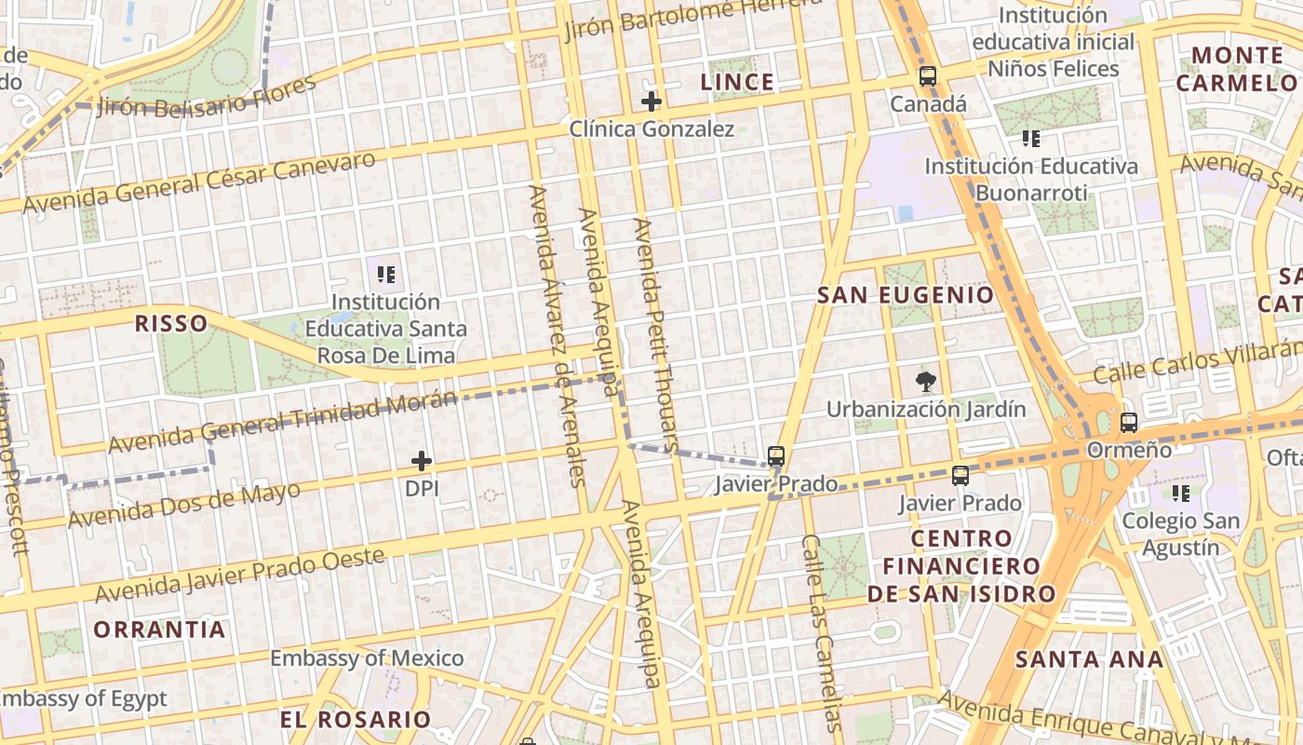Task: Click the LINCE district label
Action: pyautogui.click(x=737, y=82)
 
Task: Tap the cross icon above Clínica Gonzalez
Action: pyautogui.click(x=651, y=102)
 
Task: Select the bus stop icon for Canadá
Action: pyautogui.click(x=927, y=76)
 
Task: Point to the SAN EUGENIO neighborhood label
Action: pyautogui.click(x=905, y=295)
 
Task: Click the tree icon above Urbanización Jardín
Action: pyautogui.click(x=925, y=380)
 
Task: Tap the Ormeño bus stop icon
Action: pyautogui.click(x=1129, y=423)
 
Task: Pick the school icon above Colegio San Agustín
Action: pyautogui.click(x=1181, y=493)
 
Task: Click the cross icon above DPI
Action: pyautogui.click(x=422, y=461)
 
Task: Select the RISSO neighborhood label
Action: pyautogui.click(x=171, y=323)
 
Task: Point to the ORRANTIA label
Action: pyautogui.click(x=159, y=630)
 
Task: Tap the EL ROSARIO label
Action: pyautogui.click(x=356, y=720)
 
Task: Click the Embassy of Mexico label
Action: pyautogui.click(x=367, y=658)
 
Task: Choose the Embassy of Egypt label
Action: pyautogui.click(x=84, y=698)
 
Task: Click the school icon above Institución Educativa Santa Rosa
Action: pyautogui.click(x=386, y=275)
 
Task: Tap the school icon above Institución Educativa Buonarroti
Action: pyautogui.click(x=1030, y=140)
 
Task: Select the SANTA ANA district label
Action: pyautogui.click(x=1089, y=660)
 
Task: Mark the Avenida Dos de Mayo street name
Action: pyautogui.click(x=184, y=505)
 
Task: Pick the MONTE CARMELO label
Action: pyautogui.click(x=1237, y=69)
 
